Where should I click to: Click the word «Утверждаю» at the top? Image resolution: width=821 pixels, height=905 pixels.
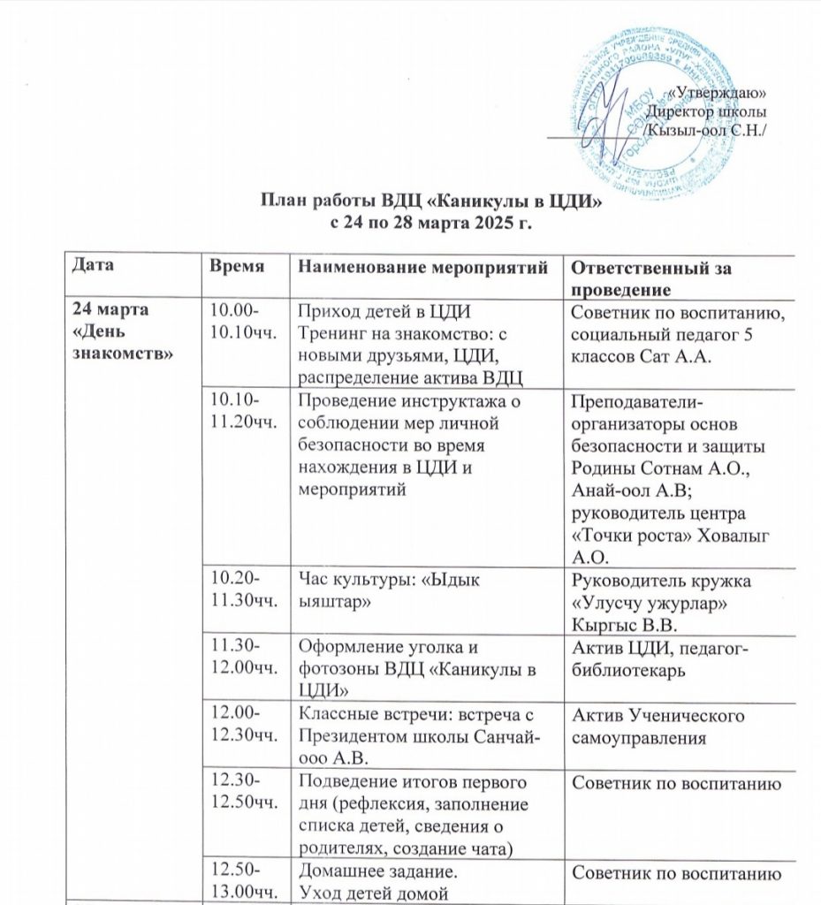[x=717, y=94]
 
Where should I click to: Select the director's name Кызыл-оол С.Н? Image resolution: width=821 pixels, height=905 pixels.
[x=704, y=130]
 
